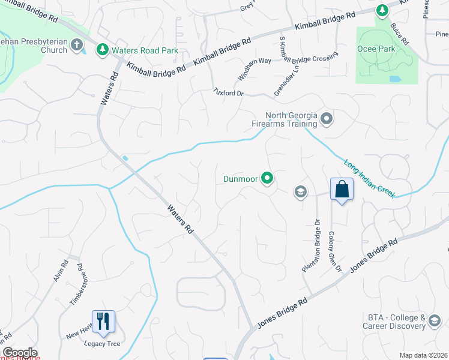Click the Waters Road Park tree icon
[x=103, y=50]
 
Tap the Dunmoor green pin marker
[x=267, y=178]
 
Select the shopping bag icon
[x=342, y=189]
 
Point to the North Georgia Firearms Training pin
[x=326, y=119]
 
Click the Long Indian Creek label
[x=370, y=178]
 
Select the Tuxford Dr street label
[x=229, y=92]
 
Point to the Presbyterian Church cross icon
[x=77, y=44]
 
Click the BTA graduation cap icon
[x=434, y=323]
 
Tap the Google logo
[x=20, y=353]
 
